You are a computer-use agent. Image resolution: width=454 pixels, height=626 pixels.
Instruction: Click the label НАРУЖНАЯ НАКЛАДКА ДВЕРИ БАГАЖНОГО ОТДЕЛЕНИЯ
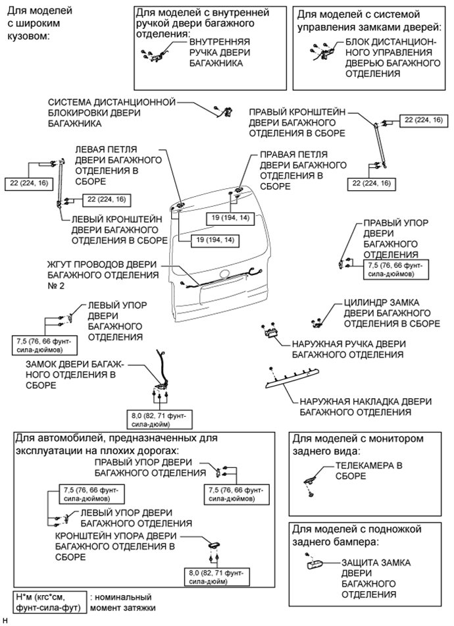pos(355,406)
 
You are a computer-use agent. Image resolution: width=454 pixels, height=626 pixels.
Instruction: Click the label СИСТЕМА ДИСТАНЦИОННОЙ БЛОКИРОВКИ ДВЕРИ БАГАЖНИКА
pos(112,113)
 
